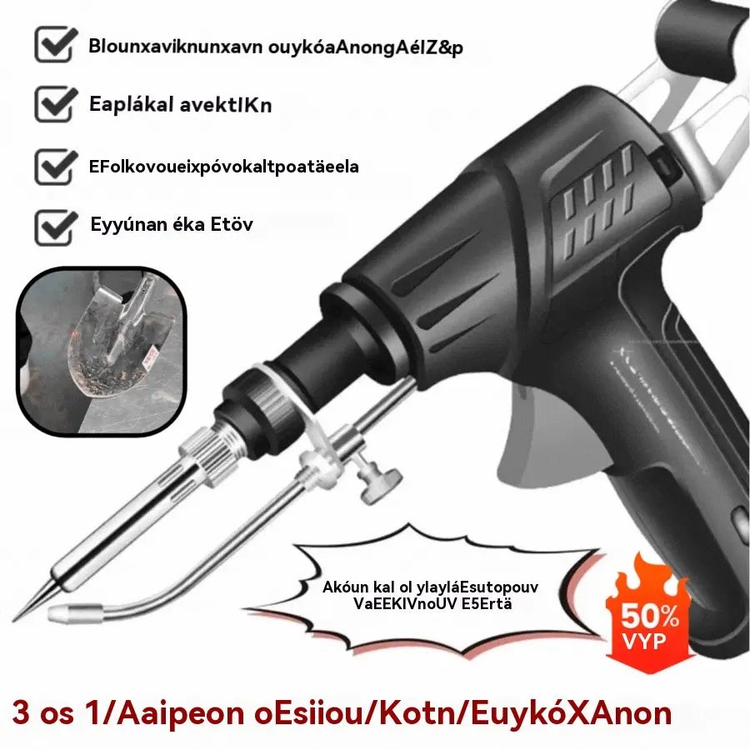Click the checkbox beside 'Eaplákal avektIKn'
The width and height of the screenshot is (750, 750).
(x=56, y=104)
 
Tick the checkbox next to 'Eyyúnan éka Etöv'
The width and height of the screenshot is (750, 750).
(x=56, y=227)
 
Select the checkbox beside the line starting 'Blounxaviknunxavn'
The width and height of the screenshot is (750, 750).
(x=56, y=44)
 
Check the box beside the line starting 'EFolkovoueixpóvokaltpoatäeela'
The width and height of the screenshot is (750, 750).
(x=56, y=167)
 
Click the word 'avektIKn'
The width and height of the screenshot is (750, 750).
(x=225, y=105)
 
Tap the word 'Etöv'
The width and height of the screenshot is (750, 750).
(x=232, y=224)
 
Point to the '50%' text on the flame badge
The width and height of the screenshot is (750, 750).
(x=649, y=617)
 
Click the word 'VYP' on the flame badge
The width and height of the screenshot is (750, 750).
(x=644, y=641)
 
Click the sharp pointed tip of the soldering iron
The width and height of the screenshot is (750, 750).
(x=14, y=620)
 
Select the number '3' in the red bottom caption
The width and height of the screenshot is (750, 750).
(x=21, y=713)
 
